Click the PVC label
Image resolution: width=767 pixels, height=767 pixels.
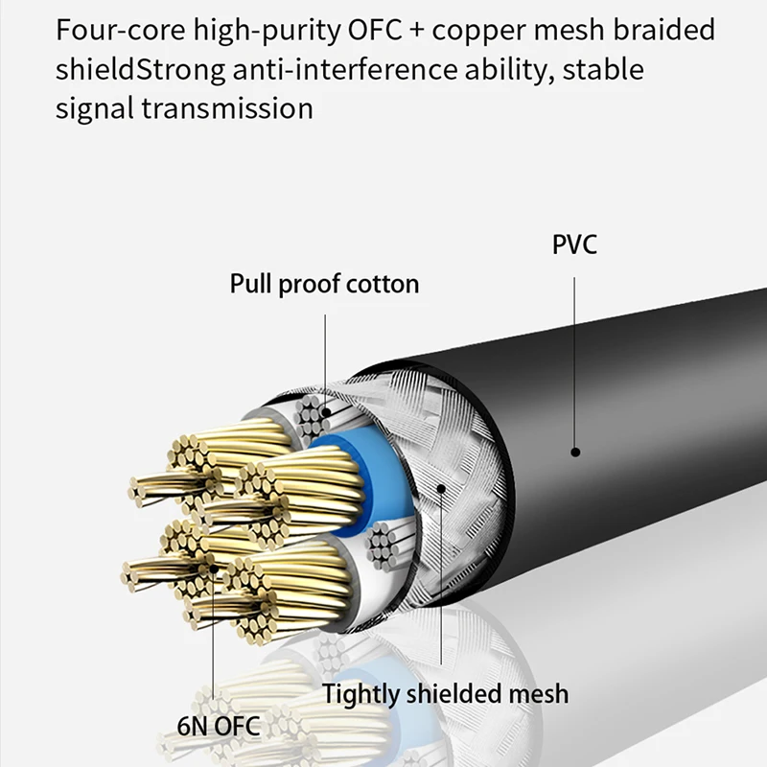[574, 244]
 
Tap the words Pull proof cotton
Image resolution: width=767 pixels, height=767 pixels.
[324, 284]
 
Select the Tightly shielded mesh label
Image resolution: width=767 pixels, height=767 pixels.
[445, 693]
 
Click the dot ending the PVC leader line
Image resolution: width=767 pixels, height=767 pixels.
[575, 451]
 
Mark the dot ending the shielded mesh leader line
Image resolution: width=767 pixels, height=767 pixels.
[441, 489]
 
